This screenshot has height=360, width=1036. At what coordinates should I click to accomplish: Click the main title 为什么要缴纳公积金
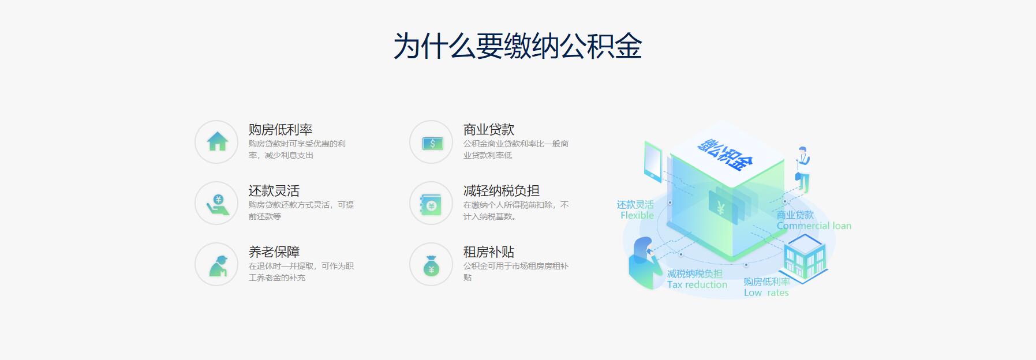518,46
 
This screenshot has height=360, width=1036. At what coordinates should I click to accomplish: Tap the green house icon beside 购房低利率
217,141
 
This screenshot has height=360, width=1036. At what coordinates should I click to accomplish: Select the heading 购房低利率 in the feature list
280,130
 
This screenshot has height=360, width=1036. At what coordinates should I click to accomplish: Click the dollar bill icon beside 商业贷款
432,143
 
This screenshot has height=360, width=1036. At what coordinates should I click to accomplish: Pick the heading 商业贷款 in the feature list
489,130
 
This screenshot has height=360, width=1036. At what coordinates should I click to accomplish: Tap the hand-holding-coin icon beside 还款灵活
218,204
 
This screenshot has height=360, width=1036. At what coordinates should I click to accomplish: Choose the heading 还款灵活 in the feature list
274,191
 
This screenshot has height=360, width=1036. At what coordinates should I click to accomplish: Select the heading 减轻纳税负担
502,191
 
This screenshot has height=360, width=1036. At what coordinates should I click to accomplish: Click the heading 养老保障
274,252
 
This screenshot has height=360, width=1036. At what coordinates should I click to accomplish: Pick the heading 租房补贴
489,252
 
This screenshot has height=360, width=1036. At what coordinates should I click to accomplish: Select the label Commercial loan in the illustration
814,226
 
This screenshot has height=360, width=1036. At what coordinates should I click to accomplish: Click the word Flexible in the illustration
637,215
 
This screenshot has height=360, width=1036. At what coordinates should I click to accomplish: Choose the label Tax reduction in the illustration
697,284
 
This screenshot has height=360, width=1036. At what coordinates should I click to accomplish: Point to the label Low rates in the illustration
766,292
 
